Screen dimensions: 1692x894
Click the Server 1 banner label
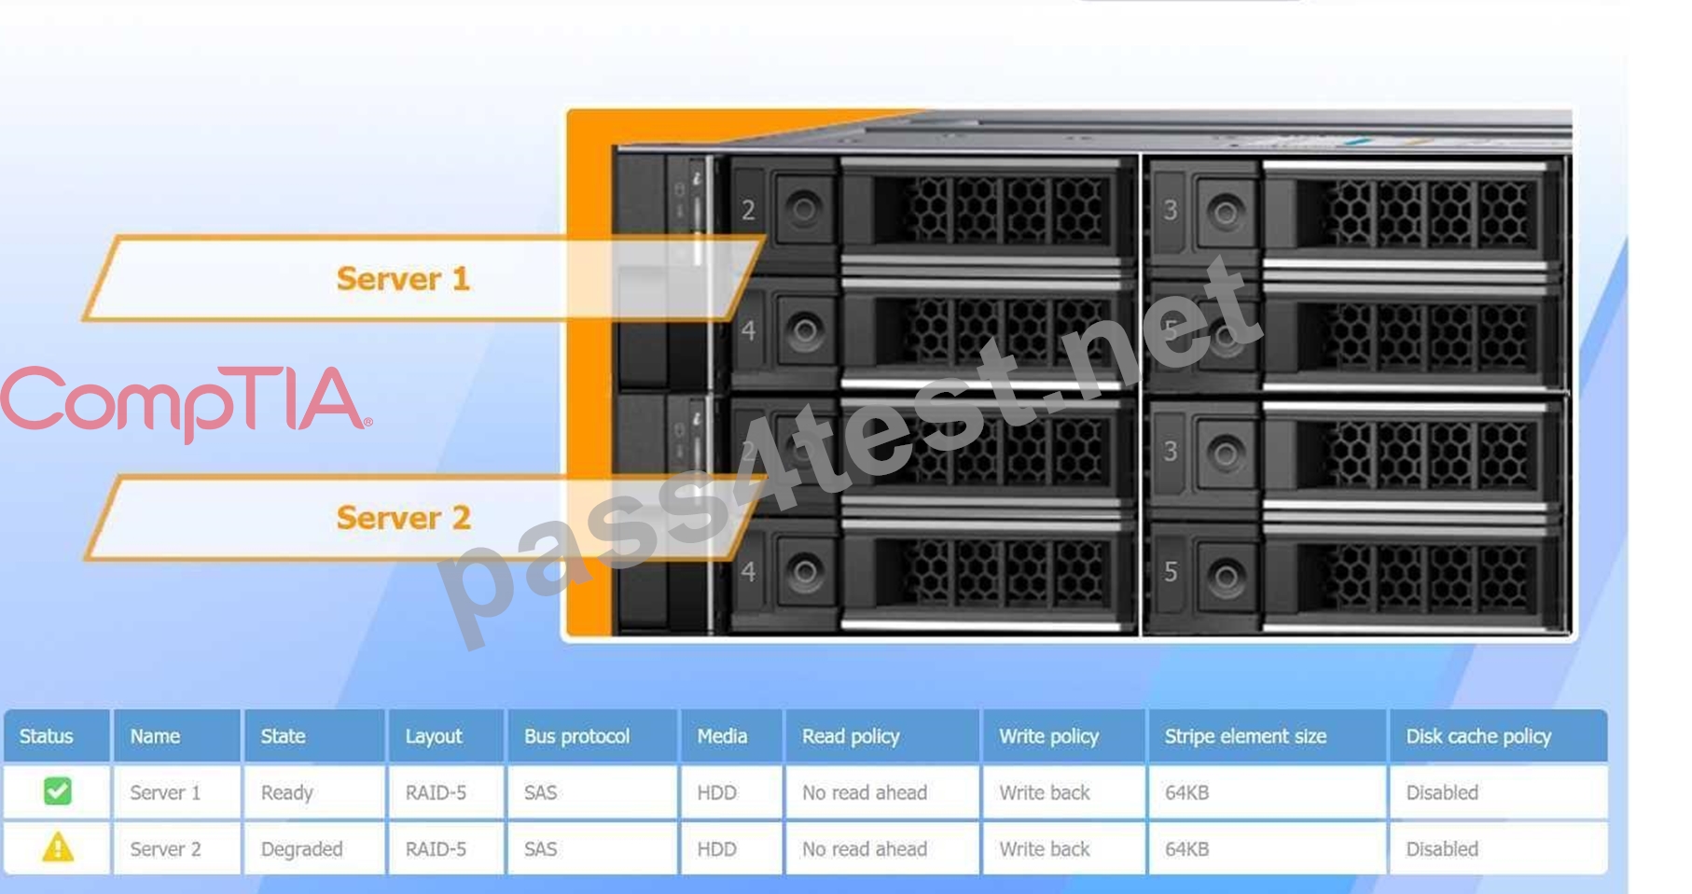[403, 278]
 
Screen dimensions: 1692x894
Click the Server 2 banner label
[403, 517]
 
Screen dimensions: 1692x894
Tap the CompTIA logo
[186, 402]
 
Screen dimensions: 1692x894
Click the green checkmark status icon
[58, 791]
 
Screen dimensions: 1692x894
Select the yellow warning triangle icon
[58, 847]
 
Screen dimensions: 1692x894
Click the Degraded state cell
[301, 849]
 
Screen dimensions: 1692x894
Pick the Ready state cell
[286, 793]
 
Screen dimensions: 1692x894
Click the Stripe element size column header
[1245, 736]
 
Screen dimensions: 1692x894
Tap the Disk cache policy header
[1478, 736]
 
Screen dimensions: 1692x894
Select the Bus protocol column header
[576, 736]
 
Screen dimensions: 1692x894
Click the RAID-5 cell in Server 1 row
[436, 792]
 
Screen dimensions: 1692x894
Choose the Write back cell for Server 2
[1045, 849]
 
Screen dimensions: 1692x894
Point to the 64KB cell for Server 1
[1186, 792]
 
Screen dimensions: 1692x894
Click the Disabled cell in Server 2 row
[1442, 849]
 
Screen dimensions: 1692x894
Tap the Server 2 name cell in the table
[165, 849]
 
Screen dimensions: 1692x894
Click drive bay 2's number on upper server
[748, 211]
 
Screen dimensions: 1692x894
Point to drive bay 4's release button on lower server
[804, 572]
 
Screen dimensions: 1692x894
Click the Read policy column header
[851, 736]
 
